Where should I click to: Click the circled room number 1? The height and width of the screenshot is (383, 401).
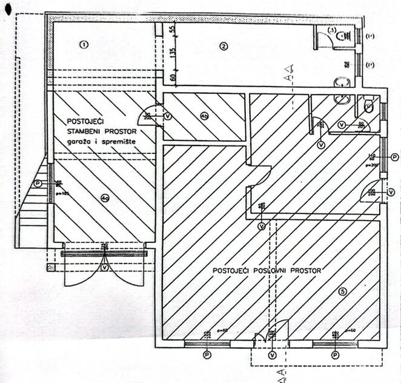coord(84,44)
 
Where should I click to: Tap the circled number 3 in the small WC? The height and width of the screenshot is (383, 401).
coord(332,30)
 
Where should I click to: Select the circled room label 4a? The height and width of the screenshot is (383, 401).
coord(105,197)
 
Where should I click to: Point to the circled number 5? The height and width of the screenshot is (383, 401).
coord(343,291)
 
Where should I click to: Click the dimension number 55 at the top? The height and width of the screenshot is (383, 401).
coord(172,29)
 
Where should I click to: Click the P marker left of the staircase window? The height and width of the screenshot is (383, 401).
coord(38,182)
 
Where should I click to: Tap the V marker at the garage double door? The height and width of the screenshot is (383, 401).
coord(105,267)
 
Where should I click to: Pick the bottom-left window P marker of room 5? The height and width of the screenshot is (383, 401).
coord(208,355)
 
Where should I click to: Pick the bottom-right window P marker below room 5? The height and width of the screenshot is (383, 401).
coord(336,355)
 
